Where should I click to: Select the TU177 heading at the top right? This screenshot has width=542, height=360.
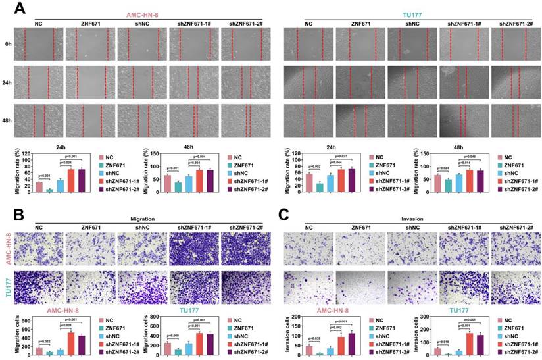411,13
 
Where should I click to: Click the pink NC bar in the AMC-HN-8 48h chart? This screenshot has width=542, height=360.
166,182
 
